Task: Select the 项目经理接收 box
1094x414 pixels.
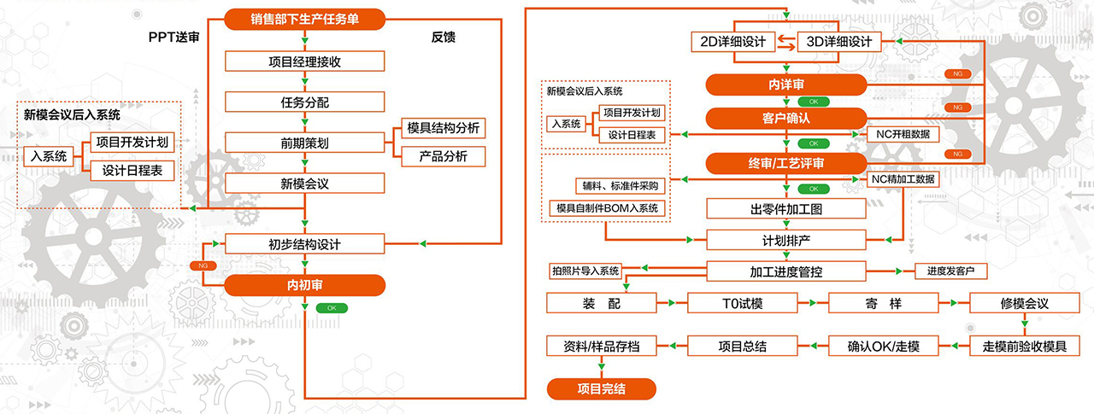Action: point(304,61)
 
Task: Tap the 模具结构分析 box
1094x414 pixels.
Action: point(443,128)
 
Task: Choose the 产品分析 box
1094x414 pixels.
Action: point(443,156)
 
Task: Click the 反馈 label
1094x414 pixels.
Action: point(444,37)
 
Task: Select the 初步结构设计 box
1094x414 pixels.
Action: point(304,244)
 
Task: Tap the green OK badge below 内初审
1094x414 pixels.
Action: point(332,307)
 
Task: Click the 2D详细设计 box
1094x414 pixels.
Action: point(732,42)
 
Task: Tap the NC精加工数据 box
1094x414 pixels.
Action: point(903,179)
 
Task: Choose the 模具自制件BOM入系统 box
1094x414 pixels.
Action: point(606,208)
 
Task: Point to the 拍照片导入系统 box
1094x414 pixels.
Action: point(585,271)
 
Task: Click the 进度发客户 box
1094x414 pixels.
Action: point(950,271)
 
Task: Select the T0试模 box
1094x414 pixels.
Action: point(742,303)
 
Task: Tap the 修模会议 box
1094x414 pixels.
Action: point(1024,303)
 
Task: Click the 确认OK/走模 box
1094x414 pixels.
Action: point(883,346)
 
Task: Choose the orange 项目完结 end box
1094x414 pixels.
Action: point(602,389)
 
